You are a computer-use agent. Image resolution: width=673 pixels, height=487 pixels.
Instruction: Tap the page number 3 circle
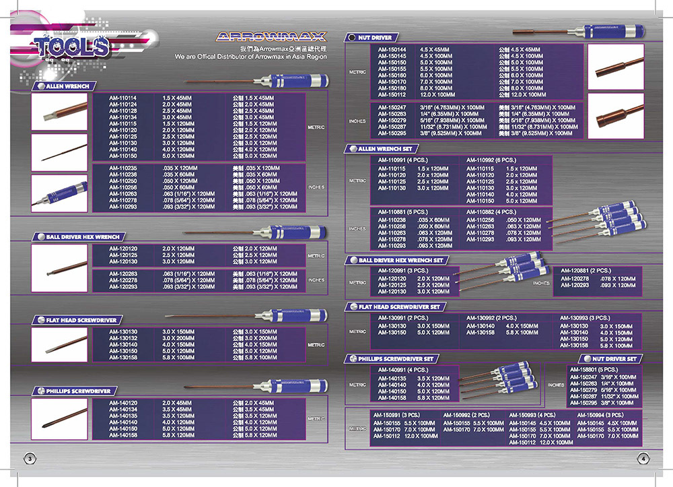point(30,457)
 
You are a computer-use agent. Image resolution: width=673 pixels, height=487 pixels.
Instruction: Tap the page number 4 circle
point(643,457)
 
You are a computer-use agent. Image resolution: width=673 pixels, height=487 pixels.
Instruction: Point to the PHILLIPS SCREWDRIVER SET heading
point(397,359)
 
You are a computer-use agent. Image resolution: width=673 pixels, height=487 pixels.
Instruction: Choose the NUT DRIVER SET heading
point(614,359)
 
